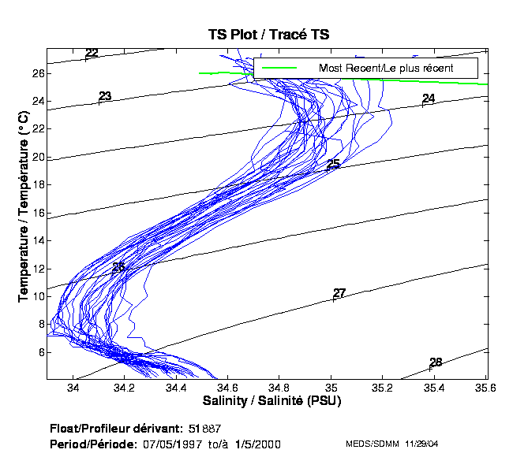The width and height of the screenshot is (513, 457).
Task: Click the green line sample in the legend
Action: (x=279, y=68)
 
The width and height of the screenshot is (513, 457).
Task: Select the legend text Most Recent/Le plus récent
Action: (x=386, y=68)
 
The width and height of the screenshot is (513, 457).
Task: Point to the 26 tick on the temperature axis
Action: (x=38, y=73)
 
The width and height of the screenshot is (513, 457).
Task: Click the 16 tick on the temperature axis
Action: (x=38, y=213)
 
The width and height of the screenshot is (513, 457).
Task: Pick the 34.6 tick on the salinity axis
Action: (x=228, y=388)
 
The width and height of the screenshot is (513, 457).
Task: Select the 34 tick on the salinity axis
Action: (x=73, y=388)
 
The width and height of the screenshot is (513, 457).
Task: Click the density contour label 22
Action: (x=92, y=54)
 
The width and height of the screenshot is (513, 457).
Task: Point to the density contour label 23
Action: (x=105, y=97)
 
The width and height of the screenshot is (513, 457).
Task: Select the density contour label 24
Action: (x=429, y=98)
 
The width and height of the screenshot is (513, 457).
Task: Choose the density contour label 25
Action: (x=333, y=164)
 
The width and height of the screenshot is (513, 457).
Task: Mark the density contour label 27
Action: (x=339, y=293)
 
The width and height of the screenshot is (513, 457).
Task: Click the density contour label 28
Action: (x=436, y=362)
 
